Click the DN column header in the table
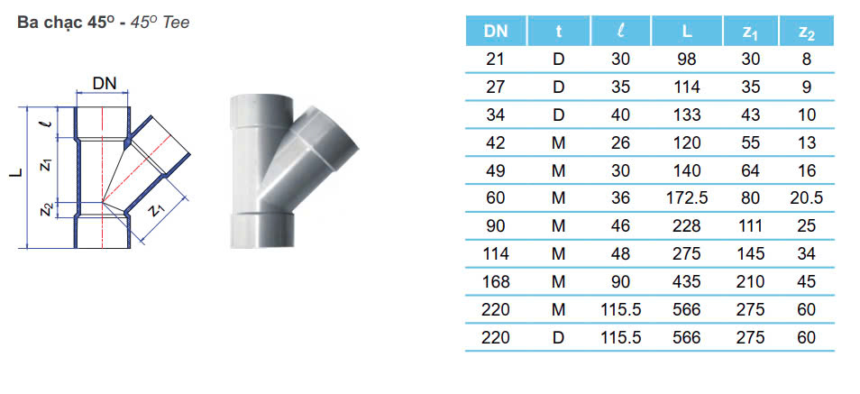pyautogui.click(x=495, y=32)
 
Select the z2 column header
pyautogui.click(x=806, y=32)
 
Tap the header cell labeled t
pyautogui.click(x=558, y=32)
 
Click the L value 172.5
pyautogui.click(x=687, y=197)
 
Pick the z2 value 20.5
pyautogui.click(x=806, y=197)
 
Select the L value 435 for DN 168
pyautogui.click(x=687, y=281)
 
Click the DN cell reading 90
pyautogui.click(x=495, y=225)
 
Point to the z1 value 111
pyautogui.click(x=749, y=225)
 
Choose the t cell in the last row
pyautogui.click(x=558, y=337)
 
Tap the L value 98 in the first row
pyautogui.click(x=687, y=60)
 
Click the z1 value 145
pyautogui.click(x=749, y=253)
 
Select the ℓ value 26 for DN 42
pyautogui.click(x=622, y=142)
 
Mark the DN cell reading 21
pyautogui.click(x=495, y=60)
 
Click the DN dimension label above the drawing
pyautogui.click(x=105, y=84)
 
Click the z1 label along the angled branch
pyautogui.click(x=158, y=210)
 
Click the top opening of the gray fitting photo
pyautogui.click(x=261, y=101)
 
